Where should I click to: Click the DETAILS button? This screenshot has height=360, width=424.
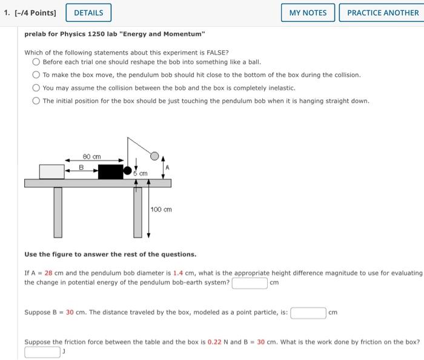pos(88,12)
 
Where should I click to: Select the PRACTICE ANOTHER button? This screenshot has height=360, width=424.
pos(383,12)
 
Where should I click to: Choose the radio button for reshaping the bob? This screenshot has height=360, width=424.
pos(36,62)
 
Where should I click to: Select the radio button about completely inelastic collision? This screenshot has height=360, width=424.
pos(36,88)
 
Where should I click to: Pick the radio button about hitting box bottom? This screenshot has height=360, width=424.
pos(36,75)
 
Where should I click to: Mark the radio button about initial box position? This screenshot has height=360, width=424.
pos(36,101)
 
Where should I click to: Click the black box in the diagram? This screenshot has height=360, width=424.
pos(110,172)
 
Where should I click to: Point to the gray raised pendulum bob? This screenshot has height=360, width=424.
pos(154,156)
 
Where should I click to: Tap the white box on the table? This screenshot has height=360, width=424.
pos(51,171)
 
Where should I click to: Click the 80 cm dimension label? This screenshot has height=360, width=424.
pos(91,156)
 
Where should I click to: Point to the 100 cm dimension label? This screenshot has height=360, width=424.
pos(162,210)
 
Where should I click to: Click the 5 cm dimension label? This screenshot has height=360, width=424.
pos(141,174)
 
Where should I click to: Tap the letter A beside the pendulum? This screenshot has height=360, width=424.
pos(168,167)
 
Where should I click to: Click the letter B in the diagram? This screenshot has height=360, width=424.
pos(82,167)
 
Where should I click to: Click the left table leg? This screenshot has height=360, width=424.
pos(58,212)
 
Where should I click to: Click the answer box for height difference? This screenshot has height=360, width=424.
pos(250,283)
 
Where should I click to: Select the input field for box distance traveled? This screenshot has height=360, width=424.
pos(308,313)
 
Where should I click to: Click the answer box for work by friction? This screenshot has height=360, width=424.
pos(42,352)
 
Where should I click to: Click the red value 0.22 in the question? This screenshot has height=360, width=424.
pos(214,342)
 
